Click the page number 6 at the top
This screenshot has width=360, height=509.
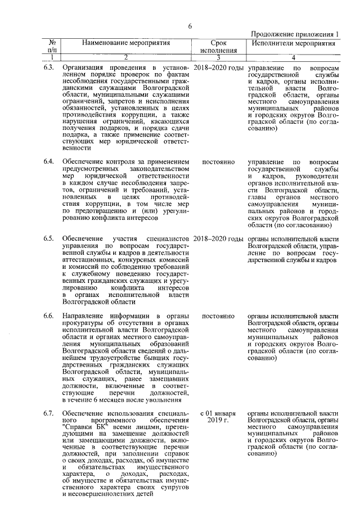coord(190,26)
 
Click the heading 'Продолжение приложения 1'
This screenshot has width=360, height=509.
coord(294,35)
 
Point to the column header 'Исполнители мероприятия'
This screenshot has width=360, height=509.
coord(293,43)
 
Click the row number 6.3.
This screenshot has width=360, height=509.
coord(49,67)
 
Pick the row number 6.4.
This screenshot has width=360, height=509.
coord(49,162)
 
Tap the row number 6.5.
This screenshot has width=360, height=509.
coord(49,239)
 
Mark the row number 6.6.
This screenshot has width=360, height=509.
coord(49,316)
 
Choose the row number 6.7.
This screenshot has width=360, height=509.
coord(49,413)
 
